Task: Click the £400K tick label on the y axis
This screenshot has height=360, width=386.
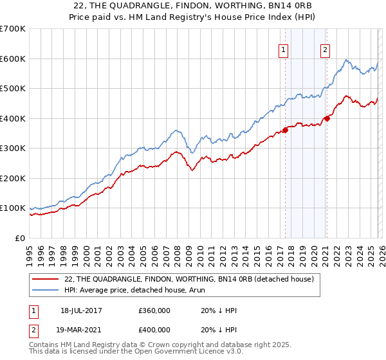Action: point(13,118)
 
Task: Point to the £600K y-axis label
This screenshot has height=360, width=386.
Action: point(13,59)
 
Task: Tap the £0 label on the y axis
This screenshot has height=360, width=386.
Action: point(21,238)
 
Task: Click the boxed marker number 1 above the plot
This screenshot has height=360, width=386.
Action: point(283,50)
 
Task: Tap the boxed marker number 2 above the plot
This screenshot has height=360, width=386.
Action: point(326,50)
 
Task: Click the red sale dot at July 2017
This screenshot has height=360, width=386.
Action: point(285,130)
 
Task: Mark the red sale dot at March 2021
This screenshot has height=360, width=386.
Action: point(327,118)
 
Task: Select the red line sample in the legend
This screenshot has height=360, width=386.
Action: point(47,279)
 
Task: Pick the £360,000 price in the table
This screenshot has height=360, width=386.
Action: point(154,310)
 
